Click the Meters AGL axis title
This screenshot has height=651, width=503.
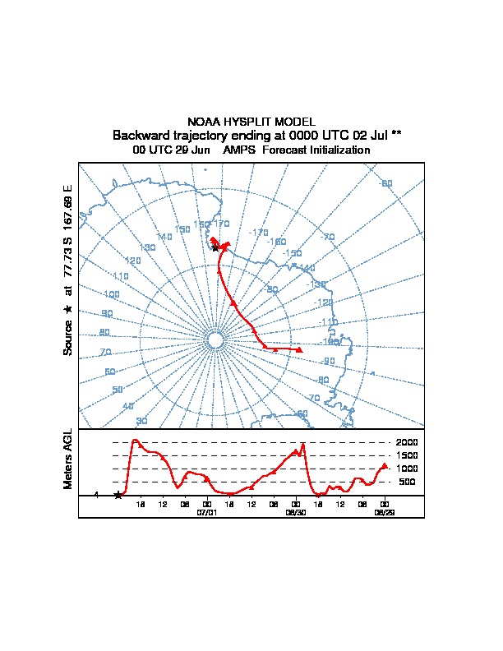coord(68,459)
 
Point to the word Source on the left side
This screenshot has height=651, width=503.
coord(68,337)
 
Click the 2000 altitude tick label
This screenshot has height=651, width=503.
coord(407,442)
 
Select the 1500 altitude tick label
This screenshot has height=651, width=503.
coord(407,455)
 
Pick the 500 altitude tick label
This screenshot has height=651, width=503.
coord(408,482)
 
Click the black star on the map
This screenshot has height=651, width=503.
coord(215,247)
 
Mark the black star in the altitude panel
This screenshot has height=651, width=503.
coord(118,495)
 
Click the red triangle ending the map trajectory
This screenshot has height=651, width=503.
coord(299,350)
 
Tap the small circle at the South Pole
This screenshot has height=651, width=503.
coord(215,339)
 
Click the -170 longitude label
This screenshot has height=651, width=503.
coord(259,233)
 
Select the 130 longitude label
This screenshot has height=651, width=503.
coord(147,247)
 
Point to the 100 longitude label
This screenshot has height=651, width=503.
coord(112,294)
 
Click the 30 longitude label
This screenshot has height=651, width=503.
coord(141,421)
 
